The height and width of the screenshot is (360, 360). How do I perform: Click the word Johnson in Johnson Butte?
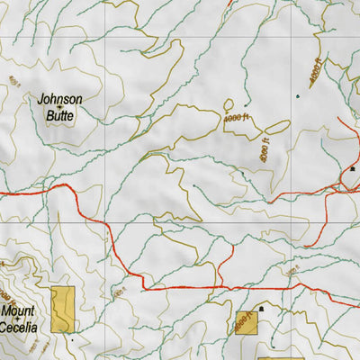60,99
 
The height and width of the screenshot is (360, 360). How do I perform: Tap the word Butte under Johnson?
60,116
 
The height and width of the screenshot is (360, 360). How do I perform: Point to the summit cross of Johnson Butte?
60,108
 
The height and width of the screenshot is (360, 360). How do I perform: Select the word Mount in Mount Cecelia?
17,312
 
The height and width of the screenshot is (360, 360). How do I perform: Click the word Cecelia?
19,328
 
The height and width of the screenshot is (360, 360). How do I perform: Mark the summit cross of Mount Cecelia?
17,320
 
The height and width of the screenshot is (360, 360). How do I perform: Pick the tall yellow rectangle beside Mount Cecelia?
61,310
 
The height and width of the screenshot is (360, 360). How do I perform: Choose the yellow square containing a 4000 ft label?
246,322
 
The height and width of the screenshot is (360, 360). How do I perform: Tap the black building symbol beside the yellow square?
262,309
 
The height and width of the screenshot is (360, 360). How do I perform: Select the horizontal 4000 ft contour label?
233,117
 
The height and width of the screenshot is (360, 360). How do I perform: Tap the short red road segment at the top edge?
228,3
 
